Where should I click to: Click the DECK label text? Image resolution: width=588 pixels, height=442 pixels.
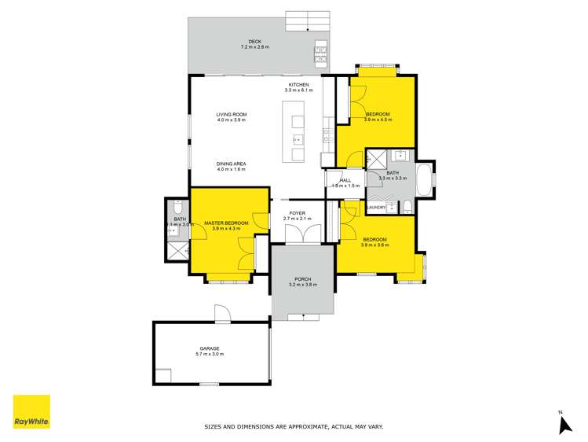pos(254,42)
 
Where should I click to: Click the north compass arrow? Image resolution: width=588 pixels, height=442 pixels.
pos(562,424)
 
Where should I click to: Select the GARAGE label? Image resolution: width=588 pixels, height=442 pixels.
pos(209,348)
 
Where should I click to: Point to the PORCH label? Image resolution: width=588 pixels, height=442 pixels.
pos(302,279)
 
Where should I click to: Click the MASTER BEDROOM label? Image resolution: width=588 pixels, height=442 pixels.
pos(226,223)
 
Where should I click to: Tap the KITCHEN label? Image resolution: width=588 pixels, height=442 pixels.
pos(298,85)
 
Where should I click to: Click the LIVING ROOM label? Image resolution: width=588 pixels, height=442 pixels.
pos(232,116)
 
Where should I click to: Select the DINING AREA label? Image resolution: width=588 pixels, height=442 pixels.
pos(232,163)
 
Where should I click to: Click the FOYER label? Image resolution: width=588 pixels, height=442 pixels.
pos(297,213)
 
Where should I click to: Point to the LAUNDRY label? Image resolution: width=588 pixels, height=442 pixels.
pos(375,208)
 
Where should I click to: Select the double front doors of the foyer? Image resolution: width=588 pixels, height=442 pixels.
pos(302,234)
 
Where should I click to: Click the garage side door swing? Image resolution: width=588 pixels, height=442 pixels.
pos(223,313)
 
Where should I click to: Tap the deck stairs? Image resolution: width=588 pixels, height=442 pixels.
pos(307,20)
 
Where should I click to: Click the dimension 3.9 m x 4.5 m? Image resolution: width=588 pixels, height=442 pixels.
pos(378,120)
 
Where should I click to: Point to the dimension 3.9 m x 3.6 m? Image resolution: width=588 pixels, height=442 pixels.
pos(374,245)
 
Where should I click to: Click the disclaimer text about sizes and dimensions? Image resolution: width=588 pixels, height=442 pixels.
pos(294,427)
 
